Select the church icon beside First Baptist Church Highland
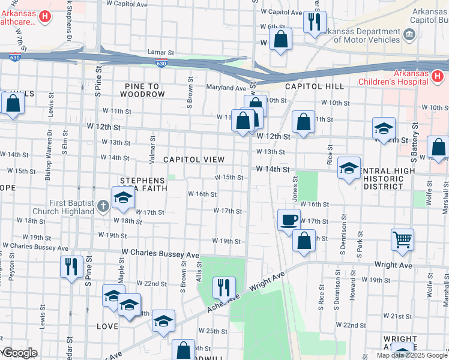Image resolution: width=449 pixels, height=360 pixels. coord(103,206)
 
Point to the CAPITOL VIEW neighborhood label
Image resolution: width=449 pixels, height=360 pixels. coord(194,160)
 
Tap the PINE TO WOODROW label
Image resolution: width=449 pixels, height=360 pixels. coord(142,90)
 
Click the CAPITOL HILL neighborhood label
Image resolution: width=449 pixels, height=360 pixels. coord(314,86)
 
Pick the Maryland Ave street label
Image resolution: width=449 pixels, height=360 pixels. coord(227,88)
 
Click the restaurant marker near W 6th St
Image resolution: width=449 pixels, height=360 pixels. coord(315,22)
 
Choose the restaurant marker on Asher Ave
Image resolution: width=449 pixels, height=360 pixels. coord(223,287)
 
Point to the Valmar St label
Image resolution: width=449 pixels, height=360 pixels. coord(154,146)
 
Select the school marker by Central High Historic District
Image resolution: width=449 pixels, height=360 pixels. coord(349,169)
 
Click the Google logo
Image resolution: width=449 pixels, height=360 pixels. coord(19,353)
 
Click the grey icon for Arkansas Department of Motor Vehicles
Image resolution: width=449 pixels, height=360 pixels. coord(410,34)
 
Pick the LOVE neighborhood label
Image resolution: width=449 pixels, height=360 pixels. coord(107,326)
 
